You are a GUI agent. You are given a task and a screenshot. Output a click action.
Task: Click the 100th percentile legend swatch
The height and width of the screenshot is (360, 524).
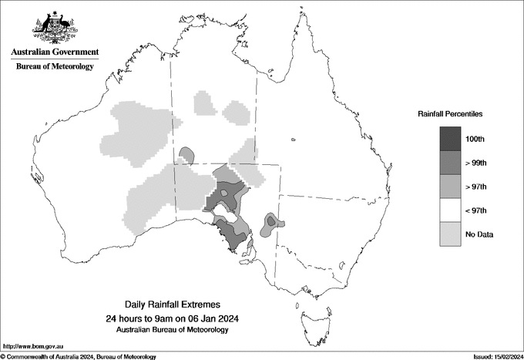click(451, 139)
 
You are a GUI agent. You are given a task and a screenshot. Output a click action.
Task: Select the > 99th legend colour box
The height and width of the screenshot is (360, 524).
click(451, 163)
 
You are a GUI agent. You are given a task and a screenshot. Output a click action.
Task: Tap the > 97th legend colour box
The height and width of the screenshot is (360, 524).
click(451, 187)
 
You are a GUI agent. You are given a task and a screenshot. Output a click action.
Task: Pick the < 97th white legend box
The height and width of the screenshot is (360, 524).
click(451, 210)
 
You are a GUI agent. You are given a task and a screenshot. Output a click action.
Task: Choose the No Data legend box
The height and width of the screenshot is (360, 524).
click(451, 234)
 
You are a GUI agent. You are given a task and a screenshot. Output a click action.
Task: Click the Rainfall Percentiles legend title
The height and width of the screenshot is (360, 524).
click(450, 114)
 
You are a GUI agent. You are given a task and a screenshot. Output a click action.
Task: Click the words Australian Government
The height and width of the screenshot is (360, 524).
click(55, 52)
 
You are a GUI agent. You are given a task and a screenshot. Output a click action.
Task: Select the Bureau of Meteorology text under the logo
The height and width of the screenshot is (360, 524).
click(55, 67)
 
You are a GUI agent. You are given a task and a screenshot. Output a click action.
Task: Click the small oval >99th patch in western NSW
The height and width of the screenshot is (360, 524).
click(271, 222)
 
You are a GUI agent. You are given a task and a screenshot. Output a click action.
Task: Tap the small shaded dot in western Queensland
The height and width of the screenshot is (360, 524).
click(294, 140)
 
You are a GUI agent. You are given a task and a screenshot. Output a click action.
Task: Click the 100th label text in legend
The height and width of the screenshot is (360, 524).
click(475, 139)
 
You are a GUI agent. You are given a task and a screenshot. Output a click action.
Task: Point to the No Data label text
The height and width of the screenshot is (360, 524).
click(479, 234)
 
